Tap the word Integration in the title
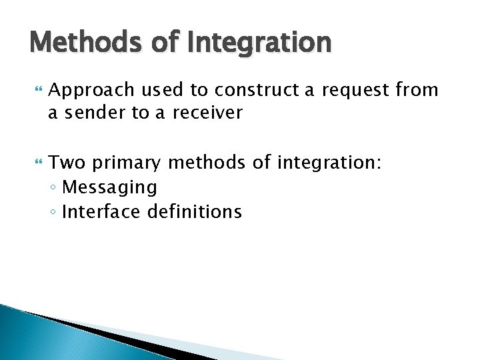click(x=261, y=42)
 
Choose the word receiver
click(x=208, y=113)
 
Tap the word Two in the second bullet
click(x=65, y=163)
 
